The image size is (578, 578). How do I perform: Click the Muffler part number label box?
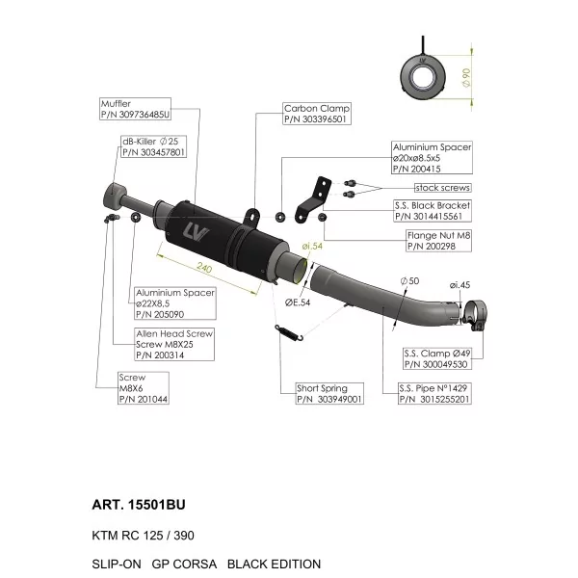(x=135, y=109)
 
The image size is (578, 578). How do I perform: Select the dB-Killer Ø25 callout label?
(x=154, y=146)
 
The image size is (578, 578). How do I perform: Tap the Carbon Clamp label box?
(x=317, y=114)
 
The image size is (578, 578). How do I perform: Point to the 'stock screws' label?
(x=442, y=188)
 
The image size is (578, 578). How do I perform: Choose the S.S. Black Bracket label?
(x=433, y=210)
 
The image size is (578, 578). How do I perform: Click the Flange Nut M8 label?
(x=438, y=241)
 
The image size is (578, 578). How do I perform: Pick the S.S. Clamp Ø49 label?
(x=437, y=358)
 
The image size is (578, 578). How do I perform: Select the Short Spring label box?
(x=329, y=393)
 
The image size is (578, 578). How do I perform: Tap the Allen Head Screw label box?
(x=174, y=344)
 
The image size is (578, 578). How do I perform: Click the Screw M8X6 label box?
(x=144, y=388)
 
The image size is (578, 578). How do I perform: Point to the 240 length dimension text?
(x=204, y=267)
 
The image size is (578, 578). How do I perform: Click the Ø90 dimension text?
(x=466, y=77)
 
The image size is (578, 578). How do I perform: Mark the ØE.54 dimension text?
(x=298, y=302)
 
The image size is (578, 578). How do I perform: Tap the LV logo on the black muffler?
(x=196, y=232)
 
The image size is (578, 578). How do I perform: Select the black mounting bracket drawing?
(x=312, y=199)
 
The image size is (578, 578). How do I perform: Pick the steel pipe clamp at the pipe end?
(x=475, y=315)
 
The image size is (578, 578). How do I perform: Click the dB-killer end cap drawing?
(x=115, y=197)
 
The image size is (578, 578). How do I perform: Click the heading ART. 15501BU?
(x=139, y=505)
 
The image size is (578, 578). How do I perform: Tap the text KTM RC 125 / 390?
(x=143, y=536)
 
